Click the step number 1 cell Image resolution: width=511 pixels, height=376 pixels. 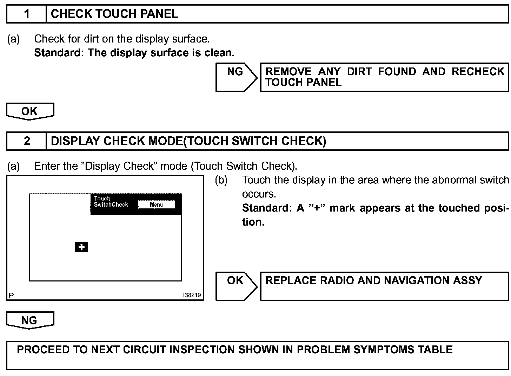pos(27,14)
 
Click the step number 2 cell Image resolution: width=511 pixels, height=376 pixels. pos(27,141)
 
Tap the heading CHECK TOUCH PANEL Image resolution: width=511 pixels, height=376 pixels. pos(114,14)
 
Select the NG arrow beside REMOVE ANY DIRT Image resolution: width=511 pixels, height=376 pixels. pos(236,77)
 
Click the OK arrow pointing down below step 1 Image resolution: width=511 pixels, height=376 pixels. pos(30,111)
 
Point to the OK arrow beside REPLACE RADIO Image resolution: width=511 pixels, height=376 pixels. pos(236,286)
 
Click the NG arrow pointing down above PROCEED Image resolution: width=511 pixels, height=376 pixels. pos(30,320)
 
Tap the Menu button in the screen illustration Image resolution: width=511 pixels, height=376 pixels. pos(156,205)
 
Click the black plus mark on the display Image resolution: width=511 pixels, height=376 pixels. pos(81,247)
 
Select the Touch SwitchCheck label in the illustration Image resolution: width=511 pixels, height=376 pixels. pos(110,202)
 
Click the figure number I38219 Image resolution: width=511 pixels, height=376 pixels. pos(192,295)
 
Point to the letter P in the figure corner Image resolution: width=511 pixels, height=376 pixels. pos(11,296)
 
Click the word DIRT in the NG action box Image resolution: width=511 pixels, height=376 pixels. pos(359,72)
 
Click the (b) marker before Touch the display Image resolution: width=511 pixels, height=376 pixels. pos(221,180)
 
